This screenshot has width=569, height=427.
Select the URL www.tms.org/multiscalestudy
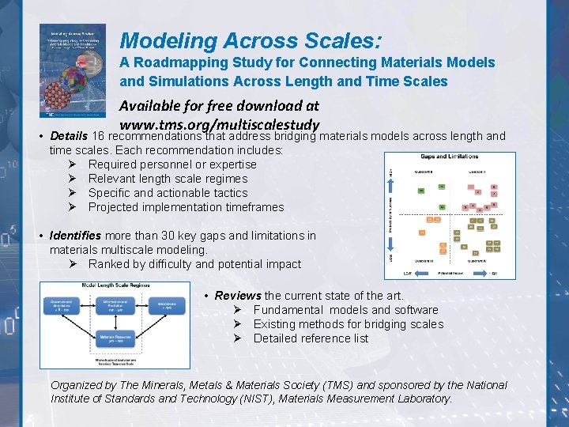point(219,124)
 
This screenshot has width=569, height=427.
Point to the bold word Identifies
point(74,236)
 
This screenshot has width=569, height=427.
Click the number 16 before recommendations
point(99,136)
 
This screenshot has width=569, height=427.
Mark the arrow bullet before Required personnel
point(73,164)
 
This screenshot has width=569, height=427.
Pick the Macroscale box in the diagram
point(167,305)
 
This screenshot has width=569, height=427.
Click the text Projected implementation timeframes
point(186,207)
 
